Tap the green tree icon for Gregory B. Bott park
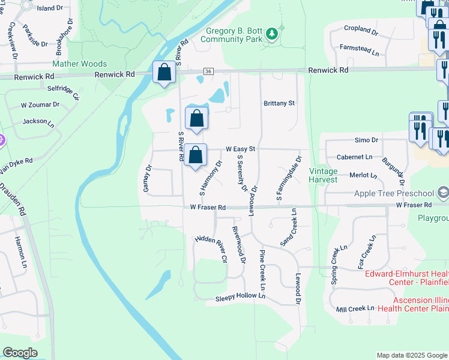pos(273,34)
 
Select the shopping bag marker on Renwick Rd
pos(164,73)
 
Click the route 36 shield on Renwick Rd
pos(208,71)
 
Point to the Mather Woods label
pos(80,64)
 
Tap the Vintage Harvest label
pos(323,175)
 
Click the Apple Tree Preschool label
pos(394,193)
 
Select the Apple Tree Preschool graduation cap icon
pos(443,193)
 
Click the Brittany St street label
pos(279,103)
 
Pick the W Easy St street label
pos(241,149)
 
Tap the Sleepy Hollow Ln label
pos(240,296)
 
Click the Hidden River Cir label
pos(211,248)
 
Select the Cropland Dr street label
pos(360,29)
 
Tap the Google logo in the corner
pos(20,353)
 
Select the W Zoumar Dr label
pos(40,104)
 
